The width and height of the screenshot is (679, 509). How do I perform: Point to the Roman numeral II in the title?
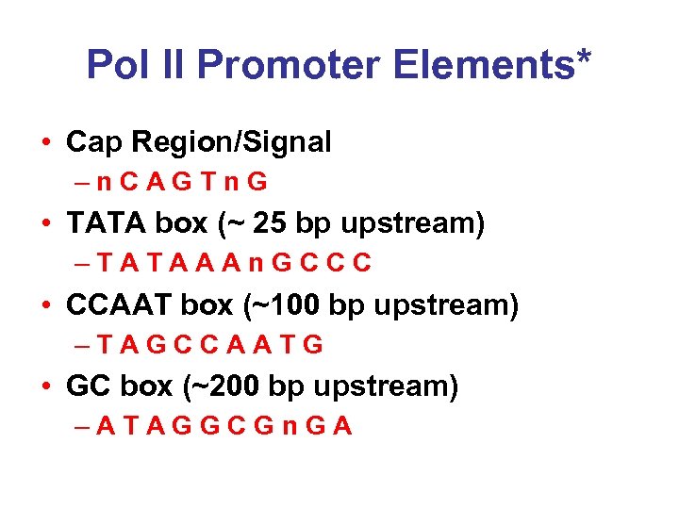pos(175,66)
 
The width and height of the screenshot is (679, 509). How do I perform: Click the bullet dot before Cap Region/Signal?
pos(46,143)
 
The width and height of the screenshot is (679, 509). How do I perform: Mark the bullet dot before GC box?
pos(46,387)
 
